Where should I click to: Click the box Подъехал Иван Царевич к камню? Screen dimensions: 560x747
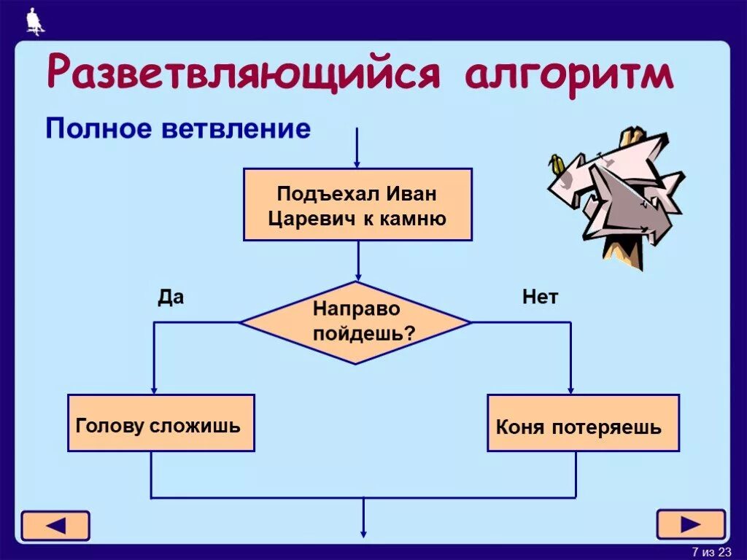tap(357, 205)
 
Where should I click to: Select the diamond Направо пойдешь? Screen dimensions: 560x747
tap(356, 322)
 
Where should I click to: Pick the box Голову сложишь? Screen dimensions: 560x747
tap(161, 424)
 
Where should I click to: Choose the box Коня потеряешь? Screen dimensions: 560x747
tap(583, 424)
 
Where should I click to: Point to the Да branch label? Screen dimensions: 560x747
tap(171, 297)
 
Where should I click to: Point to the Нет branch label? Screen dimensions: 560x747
tap(540, 297)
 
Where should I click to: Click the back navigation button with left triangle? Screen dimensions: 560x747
tap(55, 525)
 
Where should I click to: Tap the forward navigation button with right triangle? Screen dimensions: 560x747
tap(690, 524)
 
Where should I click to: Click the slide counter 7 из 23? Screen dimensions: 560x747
tap(711, 551)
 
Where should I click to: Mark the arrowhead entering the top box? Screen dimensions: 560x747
tap(357, 164)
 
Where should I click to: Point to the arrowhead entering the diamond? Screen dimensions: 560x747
tap(357, 276)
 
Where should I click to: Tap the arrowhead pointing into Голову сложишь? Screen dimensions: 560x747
tap(154, 389)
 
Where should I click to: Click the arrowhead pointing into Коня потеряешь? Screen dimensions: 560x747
tap(570, 389)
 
